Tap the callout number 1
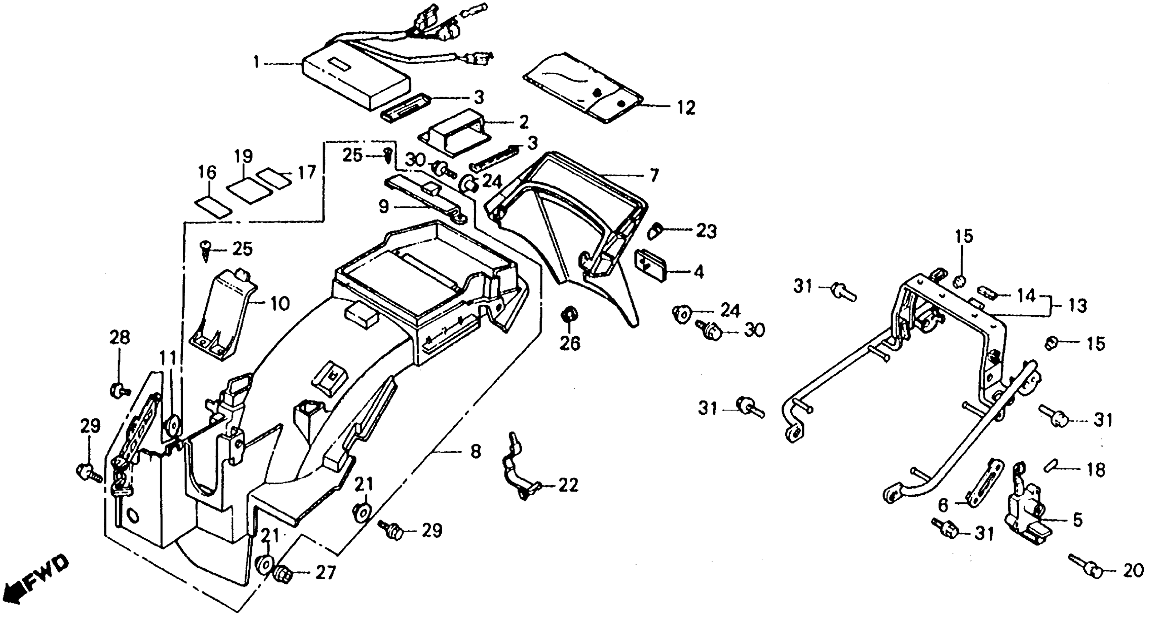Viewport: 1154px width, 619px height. pyautogui.click(x=256, y=62)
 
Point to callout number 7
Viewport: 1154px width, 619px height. pyautogui.click(x=654, y=175)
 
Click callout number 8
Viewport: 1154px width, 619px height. pyautogui.click(x=475, y=452)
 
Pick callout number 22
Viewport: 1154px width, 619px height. pyautogui.click(x=568, y=485)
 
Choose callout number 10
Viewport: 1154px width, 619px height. pyautogui.click(x=280, y=304)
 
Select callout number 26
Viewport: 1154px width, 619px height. pyautogui.click(x=570, y=343)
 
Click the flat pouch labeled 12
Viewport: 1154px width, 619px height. pyautogui.click(x=582, y=90)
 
